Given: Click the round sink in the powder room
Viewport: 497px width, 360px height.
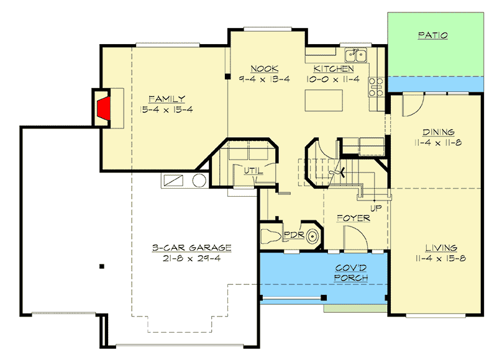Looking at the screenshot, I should (314, 236).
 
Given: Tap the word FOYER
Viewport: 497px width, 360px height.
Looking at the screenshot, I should (353, 218).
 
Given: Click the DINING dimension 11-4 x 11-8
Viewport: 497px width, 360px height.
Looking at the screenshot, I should (439, 143).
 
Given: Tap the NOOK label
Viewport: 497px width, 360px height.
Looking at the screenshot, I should (264, 69).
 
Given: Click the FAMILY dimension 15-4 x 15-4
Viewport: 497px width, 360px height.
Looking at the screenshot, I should (166, 109).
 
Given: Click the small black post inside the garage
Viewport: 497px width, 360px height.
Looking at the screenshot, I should (102, 267).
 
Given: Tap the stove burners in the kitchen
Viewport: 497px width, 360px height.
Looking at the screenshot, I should (375, 87).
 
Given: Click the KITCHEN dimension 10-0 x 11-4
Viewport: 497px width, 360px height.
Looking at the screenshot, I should (333, 79).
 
